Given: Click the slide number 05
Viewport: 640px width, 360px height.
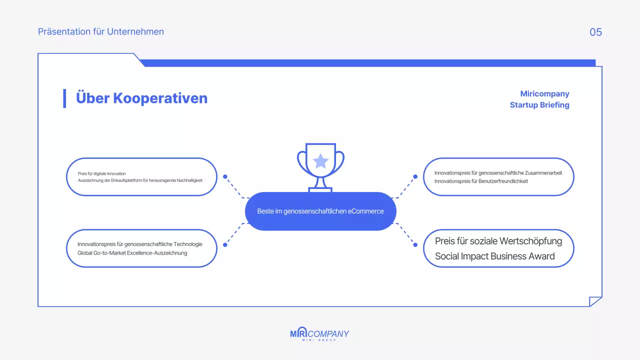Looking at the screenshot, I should pos(595,32).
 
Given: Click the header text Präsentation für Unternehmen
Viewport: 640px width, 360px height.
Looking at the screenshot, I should pos(101,31).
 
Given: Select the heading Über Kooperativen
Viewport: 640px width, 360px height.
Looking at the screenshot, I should pos(141,98).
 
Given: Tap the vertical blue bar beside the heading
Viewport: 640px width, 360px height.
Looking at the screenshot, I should pos(64,98).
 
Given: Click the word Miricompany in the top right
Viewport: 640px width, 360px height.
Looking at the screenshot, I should pos(544,94).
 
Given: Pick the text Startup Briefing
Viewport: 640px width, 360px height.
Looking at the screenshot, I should pos(539,105).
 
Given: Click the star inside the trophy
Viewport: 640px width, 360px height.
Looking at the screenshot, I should pos(320,161).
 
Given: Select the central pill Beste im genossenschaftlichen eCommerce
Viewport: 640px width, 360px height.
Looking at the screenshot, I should pos(320,211).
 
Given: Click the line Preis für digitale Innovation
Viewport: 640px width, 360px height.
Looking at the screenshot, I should pos(102,173).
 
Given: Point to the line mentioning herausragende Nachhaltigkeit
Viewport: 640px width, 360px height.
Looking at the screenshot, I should pos(140,180).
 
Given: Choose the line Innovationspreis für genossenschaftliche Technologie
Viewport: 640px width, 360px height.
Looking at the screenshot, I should pos(140,244).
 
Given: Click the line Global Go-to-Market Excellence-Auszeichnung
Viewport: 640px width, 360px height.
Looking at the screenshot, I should pos(132,253).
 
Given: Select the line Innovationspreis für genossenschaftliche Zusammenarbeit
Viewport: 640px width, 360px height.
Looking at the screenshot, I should pos(498,172).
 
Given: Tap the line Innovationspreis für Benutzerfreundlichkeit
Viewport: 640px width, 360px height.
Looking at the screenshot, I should pos(481,181).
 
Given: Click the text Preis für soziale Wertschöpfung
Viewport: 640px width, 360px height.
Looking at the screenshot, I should pos(498,241).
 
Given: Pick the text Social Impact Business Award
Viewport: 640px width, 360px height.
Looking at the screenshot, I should pos(494,256).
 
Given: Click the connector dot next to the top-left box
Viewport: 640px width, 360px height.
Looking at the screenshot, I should pos(225,176).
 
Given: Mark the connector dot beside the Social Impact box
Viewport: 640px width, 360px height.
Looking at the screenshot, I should pos(415,244).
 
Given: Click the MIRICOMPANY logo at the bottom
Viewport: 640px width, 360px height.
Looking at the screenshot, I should pos(319,334).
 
